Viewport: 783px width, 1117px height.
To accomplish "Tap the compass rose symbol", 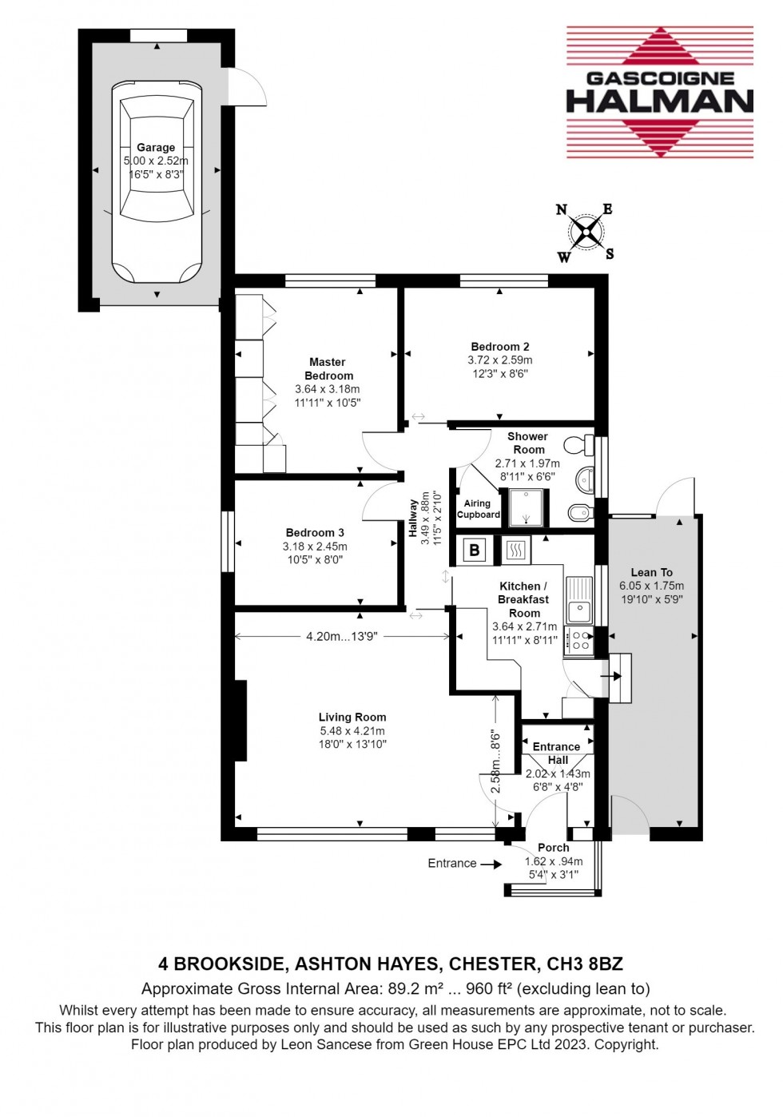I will pos(587,233).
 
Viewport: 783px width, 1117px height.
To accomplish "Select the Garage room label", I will pos(156,147).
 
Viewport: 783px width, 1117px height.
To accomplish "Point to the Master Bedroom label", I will pos(328,368).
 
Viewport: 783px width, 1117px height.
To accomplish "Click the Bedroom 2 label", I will pos(500,347).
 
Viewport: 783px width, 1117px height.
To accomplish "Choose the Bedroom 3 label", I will pos(315,533).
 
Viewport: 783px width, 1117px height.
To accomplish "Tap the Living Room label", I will pos(352,718).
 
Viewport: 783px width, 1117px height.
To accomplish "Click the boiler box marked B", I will pos(475,550).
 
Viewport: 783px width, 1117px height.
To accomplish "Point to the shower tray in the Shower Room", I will pos(525,507).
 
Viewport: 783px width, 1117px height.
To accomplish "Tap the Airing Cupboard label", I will pos(478,509).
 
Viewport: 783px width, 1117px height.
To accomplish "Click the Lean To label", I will pos(651,572).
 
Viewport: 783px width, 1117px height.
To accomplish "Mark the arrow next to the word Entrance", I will pos(491,864).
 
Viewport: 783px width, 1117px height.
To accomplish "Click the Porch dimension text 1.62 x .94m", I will pos(554,861).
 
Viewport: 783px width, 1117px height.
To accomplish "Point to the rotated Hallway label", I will pos(413,518).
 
